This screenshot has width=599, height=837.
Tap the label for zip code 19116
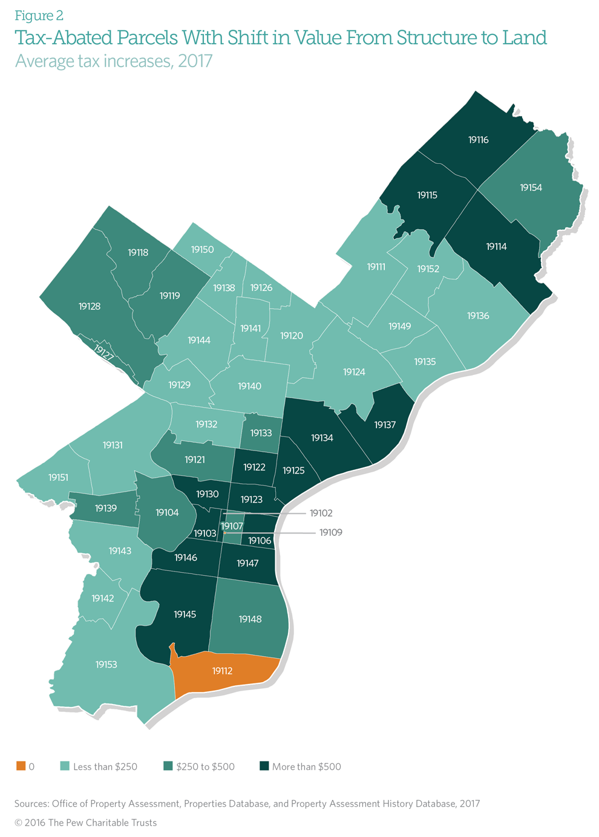pyautogui.click(x=478, y=140)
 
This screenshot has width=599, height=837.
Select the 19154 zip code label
pyautogui.click(x=531, y=188)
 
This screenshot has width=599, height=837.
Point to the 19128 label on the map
pyautogui.click(x=90, y=307)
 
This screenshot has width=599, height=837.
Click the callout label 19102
pyautogui.click(x=321, y=513)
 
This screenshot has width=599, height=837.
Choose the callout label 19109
pyautogui.click(x=330, y=533)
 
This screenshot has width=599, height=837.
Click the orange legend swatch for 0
pyautogui.click(x=21, y=766)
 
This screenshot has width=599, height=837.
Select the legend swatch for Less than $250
pyautogui.click(x=65, y=766)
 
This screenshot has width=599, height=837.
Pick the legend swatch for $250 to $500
pyautogui.click(x=168, y=766)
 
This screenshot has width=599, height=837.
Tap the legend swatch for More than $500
pyautogui.click(x=264, y=766)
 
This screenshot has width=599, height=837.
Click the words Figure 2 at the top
pyautogui.click(x=39, y=16)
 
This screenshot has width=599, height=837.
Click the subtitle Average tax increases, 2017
pyautogui.click(x=114, y=62)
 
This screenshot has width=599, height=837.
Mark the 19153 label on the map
pyautogui.click(x=106, y=665)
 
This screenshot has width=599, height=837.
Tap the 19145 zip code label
pyautogui.click(x=185, y=614)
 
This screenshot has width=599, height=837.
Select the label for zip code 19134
pyautogui.click(x=322, y=438)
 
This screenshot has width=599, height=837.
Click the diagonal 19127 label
pyautogui.click(x=103, y=353)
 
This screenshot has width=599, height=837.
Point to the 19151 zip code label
pyautogui.click(x=58, y=478)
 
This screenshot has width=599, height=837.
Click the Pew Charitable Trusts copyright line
pyautogui.click(x=85, y=822)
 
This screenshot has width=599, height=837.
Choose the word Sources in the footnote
pyautogui.click(x=31, y=804)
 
